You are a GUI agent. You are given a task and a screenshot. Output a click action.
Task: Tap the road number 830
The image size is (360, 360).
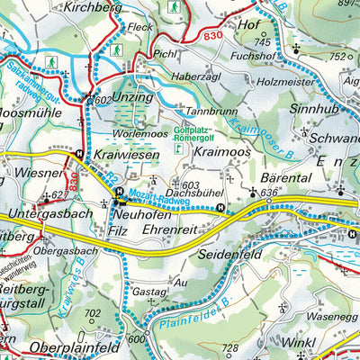212,35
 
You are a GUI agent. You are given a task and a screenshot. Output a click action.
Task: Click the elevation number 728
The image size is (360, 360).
230,347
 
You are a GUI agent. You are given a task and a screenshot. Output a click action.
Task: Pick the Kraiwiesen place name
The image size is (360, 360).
127,155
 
